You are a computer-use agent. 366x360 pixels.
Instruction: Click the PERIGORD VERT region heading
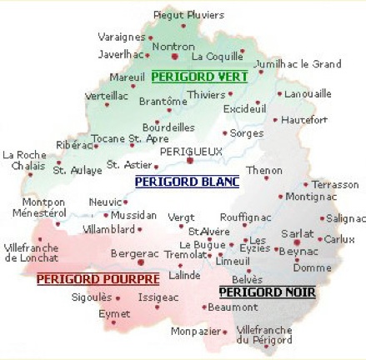tap(200, 77)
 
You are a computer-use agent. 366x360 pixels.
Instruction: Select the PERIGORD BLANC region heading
tap(187, 181)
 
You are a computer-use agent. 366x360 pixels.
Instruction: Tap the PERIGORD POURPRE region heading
tap(87, 279)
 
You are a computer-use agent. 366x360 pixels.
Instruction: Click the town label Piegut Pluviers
tap(189, 15)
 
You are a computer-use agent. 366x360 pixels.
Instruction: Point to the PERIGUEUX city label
tap(191, 152)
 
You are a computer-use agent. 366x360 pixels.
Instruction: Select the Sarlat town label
tap(298, 235)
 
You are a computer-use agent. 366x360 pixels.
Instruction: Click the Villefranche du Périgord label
tap(264, 334)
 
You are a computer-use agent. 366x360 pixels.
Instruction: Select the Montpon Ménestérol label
tap(39, 207)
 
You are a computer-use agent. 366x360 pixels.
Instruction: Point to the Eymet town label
tap(114, 314)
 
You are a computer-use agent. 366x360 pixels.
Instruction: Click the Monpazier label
tap(194, 331)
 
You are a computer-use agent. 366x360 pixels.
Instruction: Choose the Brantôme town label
tap(163, 101)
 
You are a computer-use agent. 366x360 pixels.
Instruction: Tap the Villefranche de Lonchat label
tap(32, 252)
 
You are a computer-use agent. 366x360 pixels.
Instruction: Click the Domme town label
tap(312, 267)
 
